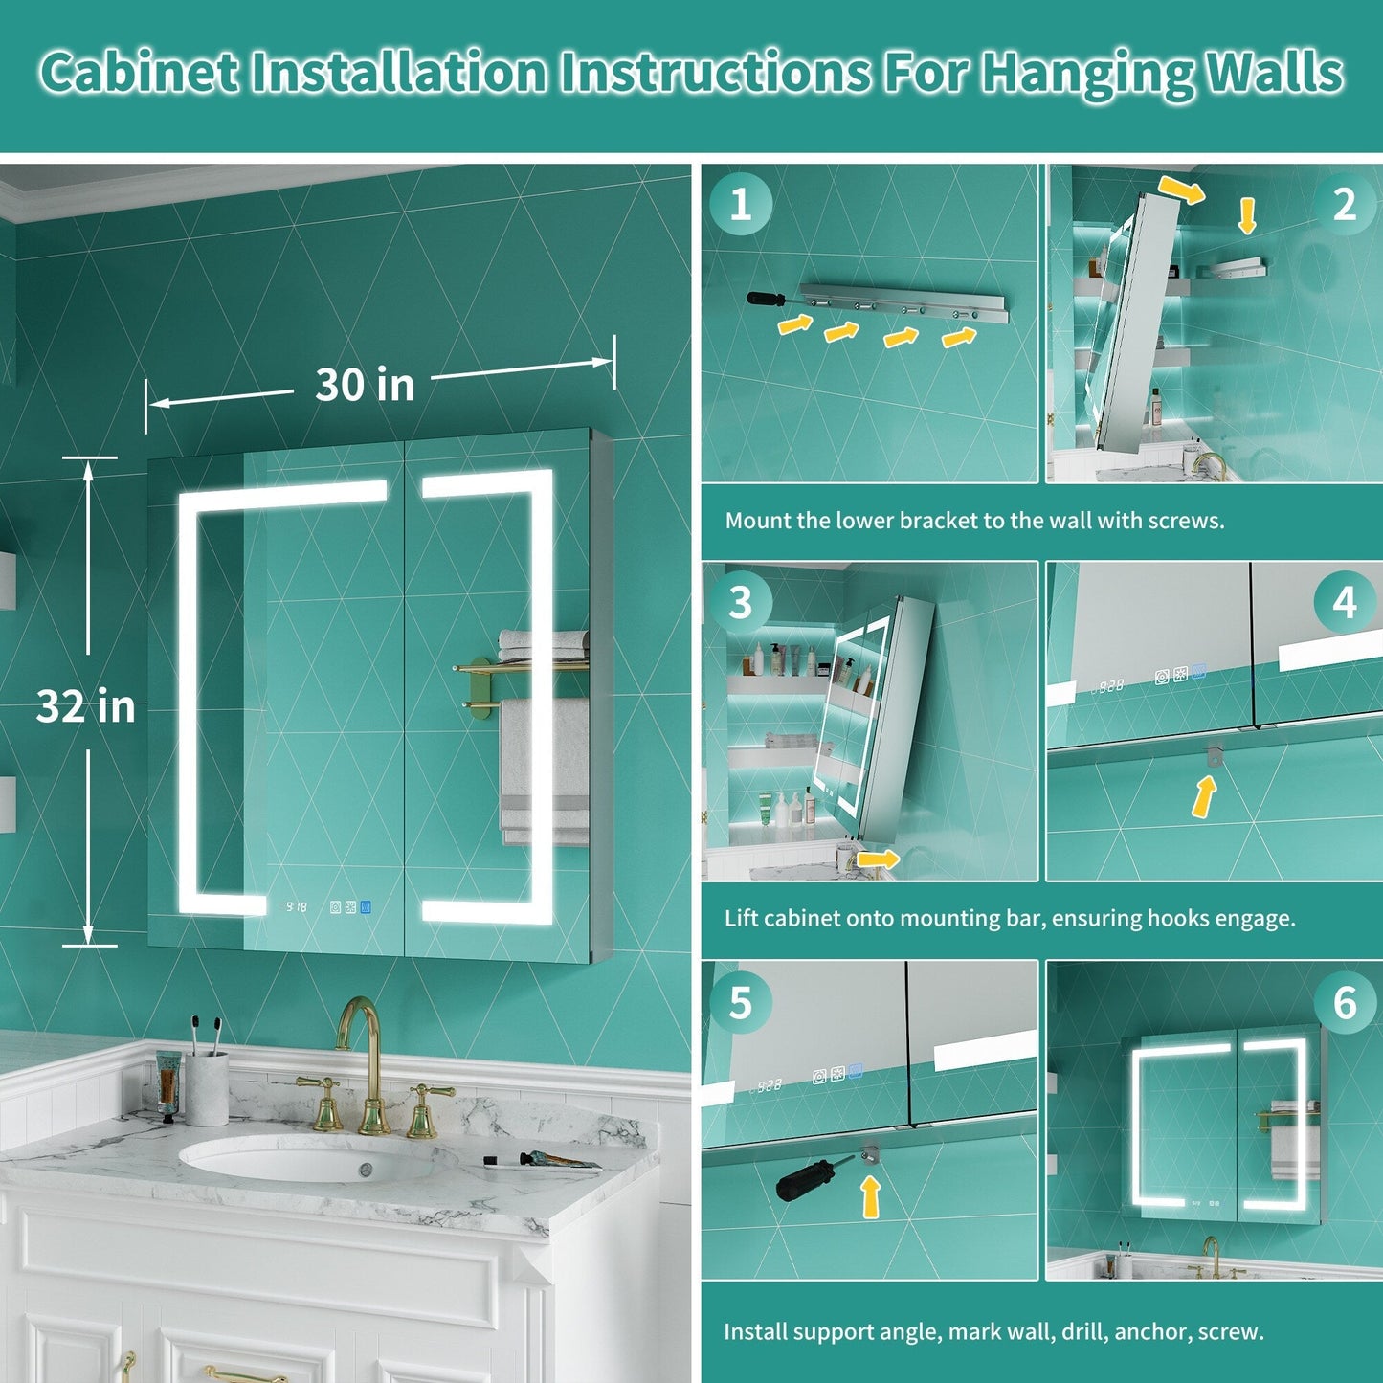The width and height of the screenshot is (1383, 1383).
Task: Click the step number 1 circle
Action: click(741, 205)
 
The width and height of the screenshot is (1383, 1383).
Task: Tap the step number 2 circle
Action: click(1345, 205)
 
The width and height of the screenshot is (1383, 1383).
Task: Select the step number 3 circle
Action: click(741, 602)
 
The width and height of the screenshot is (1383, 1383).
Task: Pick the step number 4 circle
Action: click(1345, 602)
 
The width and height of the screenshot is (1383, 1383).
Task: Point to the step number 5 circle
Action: click(741, 1002)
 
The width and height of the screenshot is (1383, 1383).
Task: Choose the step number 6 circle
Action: click(1345, 1002)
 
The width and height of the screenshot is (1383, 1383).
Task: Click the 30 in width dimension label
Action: click(365, 385)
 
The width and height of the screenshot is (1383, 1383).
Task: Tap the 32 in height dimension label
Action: click(85, 705)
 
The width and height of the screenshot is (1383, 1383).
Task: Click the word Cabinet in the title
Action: click(139, 73)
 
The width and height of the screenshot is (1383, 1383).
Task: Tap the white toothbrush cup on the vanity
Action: click(207, 1088)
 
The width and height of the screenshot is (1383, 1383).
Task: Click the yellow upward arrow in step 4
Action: click(1204, 797)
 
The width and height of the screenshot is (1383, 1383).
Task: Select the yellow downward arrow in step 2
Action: click(1247, 216)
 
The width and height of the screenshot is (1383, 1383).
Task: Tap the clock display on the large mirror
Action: click(297, 907)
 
